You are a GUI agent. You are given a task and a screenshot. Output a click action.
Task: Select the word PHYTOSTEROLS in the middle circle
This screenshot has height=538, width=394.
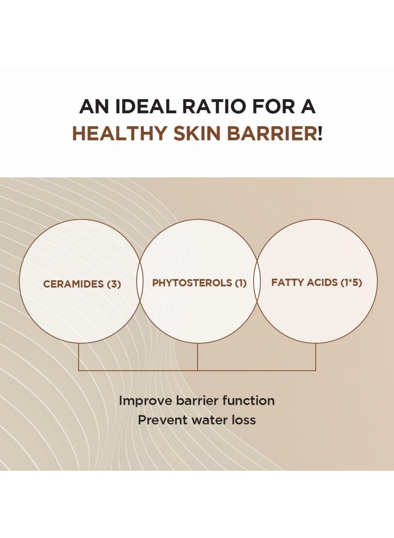(192, 283)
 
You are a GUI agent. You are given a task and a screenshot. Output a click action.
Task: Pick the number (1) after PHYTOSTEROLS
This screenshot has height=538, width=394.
(240, 283)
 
